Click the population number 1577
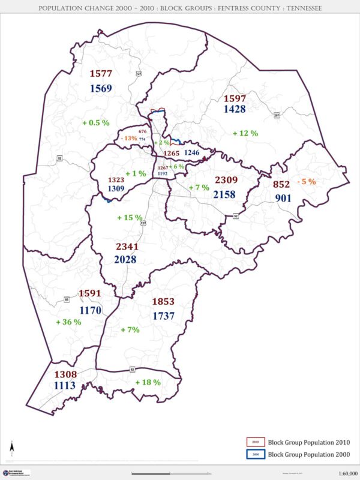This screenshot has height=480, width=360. [x=101, y=74]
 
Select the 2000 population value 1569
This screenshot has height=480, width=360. [x=101, y=89]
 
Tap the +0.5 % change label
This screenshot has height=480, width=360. [x=96, y=122]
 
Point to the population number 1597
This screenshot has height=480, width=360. [x=235, y=98]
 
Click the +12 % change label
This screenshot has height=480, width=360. [x=245, y=133]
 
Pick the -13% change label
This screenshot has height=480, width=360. [x=128, y=139]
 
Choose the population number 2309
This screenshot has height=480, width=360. [x=227, y=180]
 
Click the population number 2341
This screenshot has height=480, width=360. [x=126, y=246]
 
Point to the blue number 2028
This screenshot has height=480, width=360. [x=126, y=260]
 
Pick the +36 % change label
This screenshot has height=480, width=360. [x=68, y=322]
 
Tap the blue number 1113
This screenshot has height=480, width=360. [x=65, y=386]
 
